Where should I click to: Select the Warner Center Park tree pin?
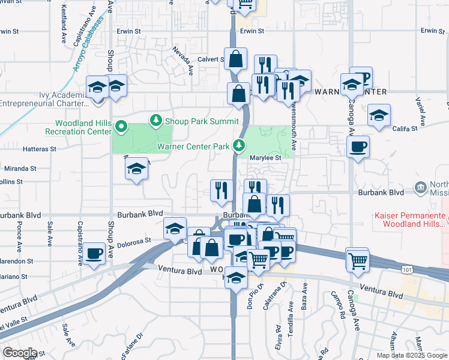(x=240, y=145)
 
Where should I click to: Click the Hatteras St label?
(x=39, y=148)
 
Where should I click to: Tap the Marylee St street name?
(x=266, y=158)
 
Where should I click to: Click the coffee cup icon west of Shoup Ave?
(x=94, y=254)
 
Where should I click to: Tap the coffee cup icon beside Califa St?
(x=358, y=147)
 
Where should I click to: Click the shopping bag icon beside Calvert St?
(x=236, y=59)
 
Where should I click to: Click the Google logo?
(x=20, y=353)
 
